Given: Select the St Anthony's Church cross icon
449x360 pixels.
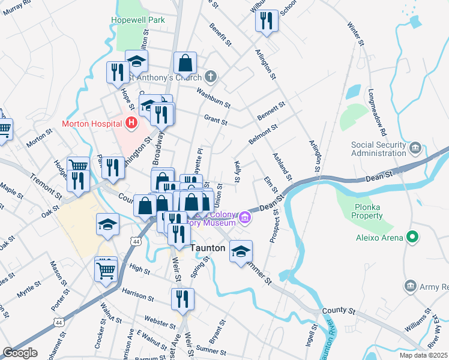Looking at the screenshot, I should (x=209, y=77).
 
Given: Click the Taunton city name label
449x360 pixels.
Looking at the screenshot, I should (x=208, y=248).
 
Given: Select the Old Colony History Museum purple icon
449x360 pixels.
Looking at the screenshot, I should (x=245, y=217).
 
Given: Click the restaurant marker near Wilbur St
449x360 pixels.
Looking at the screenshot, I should (x=267, y=21).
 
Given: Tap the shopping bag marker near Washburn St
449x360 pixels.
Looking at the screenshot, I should (x=185, y=63).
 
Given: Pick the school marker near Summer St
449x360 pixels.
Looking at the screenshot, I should (x=241, y=251).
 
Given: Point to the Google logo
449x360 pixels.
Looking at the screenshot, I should (x=20, y=353).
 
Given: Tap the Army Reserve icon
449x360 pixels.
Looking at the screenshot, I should (x=411, y=286).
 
